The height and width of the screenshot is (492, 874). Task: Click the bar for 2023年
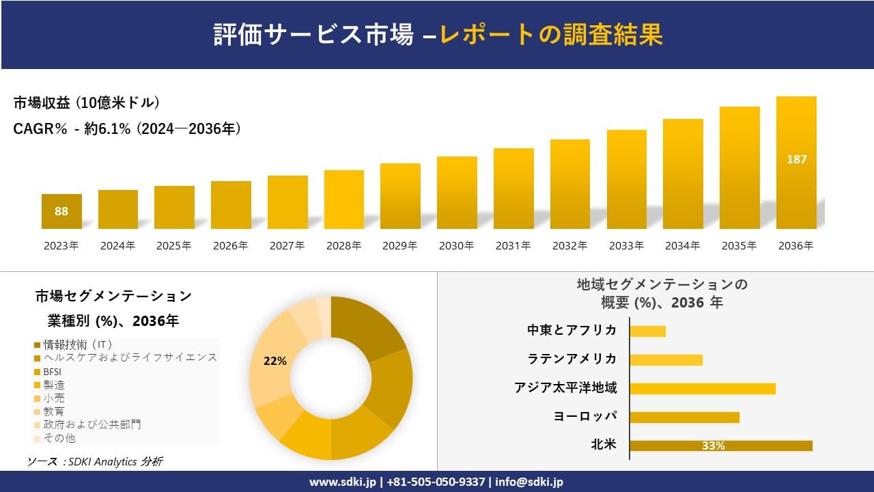tap(61, 211)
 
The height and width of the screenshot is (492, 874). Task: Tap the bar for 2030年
tap(457, 193)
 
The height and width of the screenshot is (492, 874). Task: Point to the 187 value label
tap(796, 159)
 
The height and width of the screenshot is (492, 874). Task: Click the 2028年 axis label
tap(343, 246)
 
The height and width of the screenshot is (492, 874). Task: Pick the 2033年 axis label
tap(626, 246)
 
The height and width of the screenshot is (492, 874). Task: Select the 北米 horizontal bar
tap(720, 446)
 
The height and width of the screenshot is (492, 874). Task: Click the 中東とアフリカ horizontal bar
tap(647, 331)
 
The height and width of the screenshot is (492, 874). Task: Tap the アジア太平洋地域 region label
tap(565, 388)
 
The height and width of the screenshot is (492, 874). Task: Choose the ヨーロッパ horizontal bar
tap(684, 417)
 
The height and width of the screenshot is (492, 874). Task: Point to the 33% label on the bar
tap(713, 446)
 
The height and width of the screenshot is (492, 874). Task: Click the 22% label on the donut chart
tap(274, 361)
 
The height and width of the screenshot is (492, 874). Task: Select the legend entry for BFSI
tap(53, 371)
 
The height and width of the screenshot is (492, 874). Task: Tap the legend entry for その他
tap(59, 438)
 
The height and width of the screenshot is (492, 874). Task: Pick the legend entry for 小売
tap(54, 398)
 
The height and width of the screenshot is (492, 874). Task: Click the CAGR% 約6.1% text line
tap(127, 128)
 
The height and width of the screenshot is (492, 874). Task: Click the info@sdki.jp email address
tap(529, 482)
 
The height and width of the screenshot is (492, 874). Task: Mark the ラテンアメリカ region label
tap(572, 359)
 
